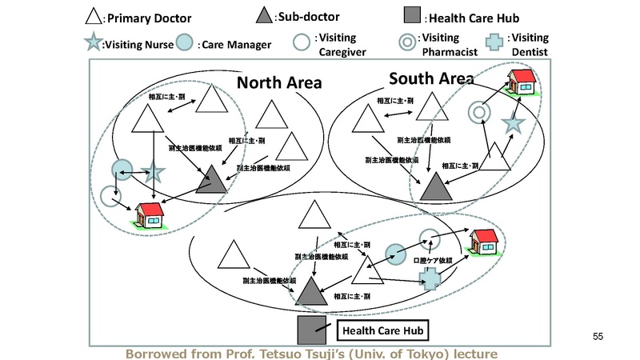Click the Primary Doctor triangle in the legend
click(94, 15)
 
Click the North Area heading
click(278, 82)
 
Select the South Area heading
click(431, 78)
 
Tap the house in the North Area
click(150, 214)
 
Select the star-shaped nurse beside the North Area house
click(153, 172)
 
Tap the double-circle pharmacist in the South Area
click(480, 112)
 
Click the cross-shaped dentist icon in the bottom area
click(430, 278)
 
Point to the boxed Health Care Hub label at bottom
click(382, 330)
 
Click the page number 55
click(598, 336)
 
